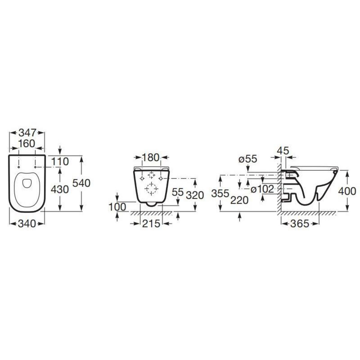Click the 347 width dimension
[x=27, y=132]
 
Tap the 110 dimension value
[x=60, y=161]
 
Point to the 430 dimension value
[x=60, y=189]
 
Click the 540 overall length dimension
[x=81, y=183]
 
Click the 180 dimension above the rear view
[x=151, y=157]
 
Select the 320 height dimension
[x=195, y=195]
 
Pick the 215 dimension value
[x=151, y=224]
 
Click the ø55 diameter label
[x=248, y=159]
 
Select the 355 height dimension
[x=220, y=193]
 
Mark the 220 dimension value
[x=239, y=200]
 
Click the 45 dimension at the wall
[x=283, y=150]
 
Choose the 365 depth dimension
[x=300, y=224]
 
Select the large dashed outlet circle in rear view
[x=151, y=189]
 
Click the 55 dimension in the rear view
[x=178, y=192]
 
